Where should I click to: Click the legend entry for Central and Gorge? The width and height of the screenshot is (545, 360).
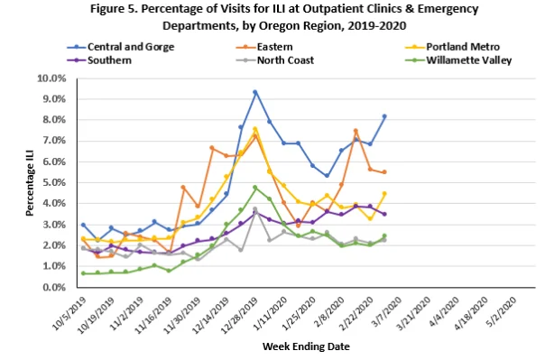coord(121,47)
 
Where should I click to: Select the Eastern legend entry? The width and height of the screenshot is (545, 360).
coord(263,47)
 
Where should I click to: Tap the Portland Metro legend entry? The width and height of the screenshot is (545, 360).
coord(453,47)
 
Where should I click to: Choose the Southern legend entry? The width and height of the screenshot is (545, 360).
coord(99,60)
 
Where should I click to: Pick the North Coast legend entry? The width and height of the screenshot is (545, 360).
coord(274,60)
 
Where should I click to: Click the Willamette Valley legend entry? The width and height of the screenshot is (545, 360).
coord(458,60)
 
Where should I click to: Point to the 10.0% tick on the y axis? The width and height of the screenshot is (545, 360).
coord(51,78)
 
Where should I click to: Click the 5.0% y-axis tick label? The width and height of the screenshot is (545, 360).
coord(54,183)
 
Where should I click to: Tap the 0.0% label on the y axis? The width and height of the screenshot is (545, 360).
coord(54,288)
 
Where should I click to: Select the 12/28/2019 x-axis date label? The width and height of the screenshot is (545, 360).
coord(239,316)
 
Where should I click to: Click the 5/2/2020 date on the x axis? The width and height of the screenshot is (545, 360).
coord(501,311)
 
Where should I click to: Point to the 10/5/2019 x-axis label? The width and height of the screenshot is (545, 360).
coord(69,314)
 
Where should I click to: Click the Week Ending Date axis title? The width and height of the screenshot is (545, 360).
coord(306,346)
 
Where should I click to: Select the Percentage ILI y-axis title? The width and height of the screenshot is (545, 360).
coord(30,183)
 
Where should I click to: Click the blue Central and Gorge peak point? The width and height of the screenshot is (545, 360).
coord(255,92)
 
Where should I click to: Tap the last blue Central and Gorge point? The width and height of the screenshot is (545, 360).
coord(384,116)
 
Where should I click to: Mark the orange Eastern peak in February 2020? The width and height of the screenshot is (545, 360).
coord(356,131)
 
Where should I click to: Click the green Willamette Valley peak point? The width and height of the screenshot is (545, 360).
coord(255,188)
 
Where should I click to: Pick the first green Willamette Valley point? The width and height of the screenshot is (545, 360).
coord(83,273)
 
